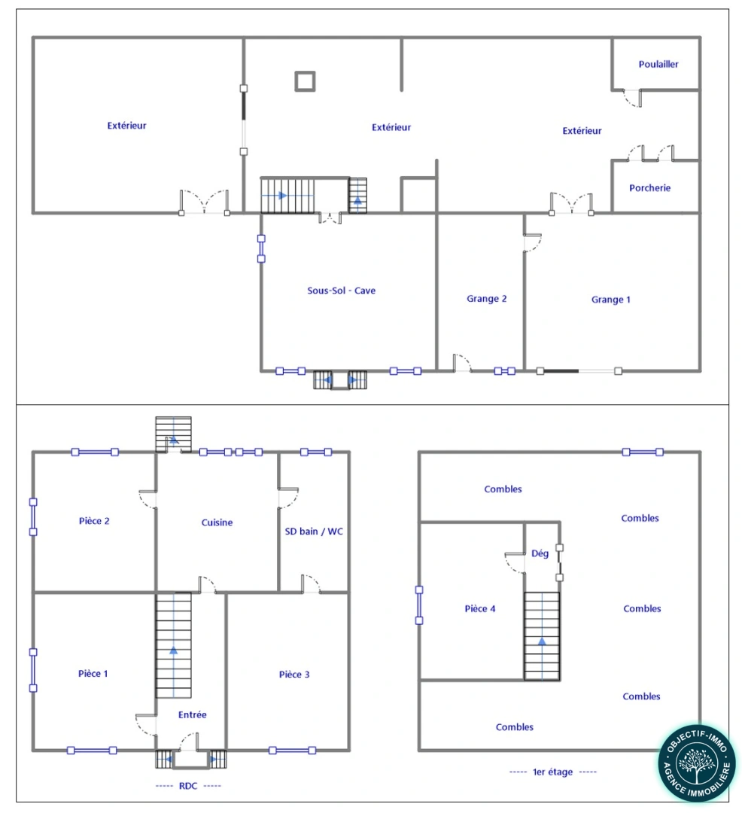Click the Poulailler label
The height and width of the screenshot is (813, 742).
pyautogui.click(x=658, y=65)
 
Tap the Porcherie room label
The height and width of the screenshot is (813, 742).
pyautogui.click(x=649, y=188)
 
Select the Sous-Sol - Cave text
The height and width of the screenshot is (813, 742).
pyautogui.click(x=341, y=291)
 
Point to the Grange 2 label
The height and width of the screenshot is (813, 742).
pyautogui.click(x=486, y=299)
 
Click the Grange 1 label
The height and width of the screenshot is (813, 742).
pyautogui.click(x=610, y=300)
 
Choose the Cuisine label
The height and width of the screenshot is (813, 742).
pyautogui.click(x=217, y=522)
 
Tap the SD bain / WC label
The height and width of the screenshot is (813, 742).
pyautogui.click(x=314, y=531)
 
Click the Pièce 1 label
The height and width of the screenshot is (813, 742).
pyautogui.click(x=93, y=674)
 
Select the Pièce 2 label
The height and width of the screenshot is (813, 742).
pyautogui.click(x=94, y=521)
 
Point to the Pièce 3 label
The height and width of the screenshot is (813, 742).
pyautogui.click(x=294, y=674)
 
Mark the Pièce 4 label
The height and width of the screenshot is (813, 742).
pyautogui.click(x=480, y=609)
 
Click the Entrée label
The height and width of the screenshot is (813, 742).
pyautogui.click(x=192, y=714)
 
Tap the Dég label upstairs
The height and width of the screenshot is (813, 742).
pyautogui.click(x=540, y=553)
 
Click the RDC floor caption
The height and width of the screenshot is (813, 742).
pyautogui.click(x=189, y=786)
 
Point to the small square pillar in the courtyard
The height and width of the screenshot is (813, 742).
pyautogui.click(x=304, y=81)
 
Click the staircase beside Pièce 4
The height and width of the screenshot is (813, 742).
pyautogui.click(x=542, y=635)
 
